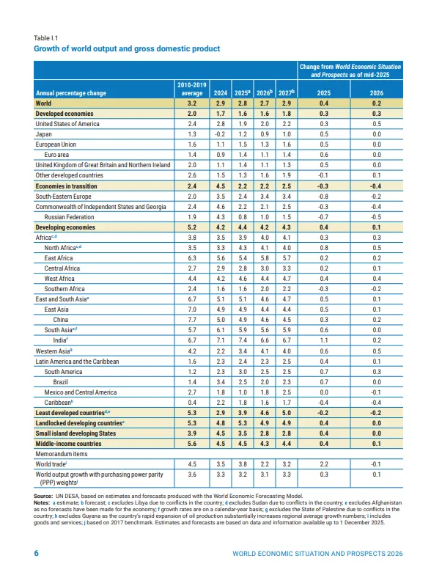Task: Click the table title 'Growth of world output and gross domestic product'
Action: point(127,48)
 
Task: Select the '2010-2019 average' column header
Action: point(192,89)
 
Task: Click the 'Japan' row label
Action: point(43,135)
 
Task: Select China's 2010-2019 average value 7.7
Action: point(192,321)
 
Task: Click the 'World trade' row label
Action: point(51,465)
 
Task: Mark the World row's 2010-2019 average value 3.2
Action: point(192,104)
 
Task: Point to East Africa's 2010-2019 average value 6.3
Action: point(192,259)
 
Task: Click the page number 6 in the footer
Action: point(36,553)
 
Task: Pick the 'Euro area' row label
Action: point(58,155)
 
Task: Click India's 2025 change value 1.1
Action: point(323,341)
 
